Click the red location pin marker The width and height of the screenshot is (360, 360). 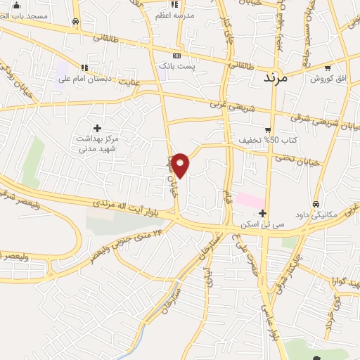pos(181,165)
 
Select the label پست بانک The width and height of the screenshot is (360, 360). pos(175,65)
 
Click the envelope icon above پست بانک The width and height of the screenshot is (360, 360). pos(176,56)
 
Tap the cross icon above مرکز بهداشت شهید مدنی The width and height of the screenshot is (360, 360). pos(97,127)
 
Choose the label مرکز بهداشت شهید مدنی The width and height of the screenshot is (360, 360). pos(98,143)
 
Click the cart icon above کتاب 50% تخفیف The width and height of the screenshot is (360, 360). pos(268,129)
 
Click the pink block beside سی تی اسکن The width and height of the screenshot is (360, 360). pos(249,200)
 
